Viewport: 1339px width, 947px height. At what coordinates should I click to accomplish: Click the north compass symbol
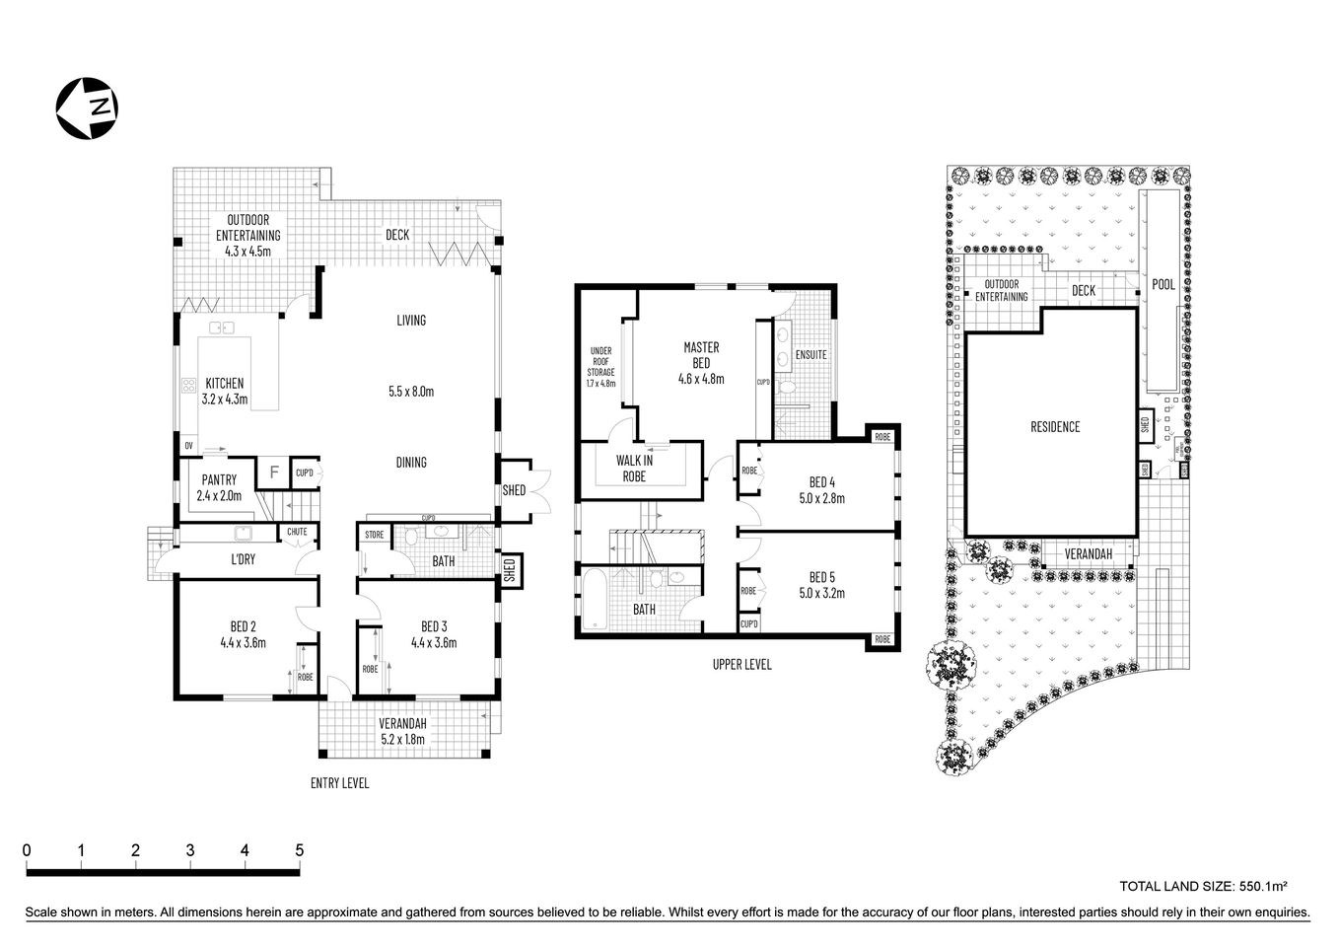point(87,107)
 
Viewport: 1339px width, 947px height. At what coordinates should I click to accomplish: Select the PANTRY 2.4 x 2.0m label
point(220,488)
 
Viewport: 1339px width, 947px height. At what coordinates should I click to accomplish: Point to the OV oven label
point(187,447)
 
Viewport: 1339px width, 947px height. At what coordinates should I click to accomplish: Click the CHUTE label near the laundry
point(297,533)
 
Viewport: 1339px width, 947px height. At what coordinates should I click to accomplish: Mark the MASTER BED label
point(701,362)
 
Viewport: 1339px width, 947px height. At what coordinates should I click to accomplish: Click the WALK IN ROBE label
point(634,468)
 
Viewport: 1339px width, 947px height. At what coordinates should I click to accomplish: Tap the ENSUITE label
point(810,354)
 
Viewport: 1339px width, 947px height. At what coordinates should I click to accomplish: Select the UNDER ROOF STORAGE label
point(600,366)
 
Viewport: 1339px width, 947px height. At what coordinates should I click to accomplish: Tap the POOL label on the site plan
point(1163,284)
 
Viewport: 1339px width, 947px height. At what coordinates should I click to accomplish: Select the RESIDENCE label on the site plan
point(1055,427)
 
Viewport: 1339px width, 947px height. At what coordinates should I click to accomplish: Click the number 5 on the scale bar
point(299,850)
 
